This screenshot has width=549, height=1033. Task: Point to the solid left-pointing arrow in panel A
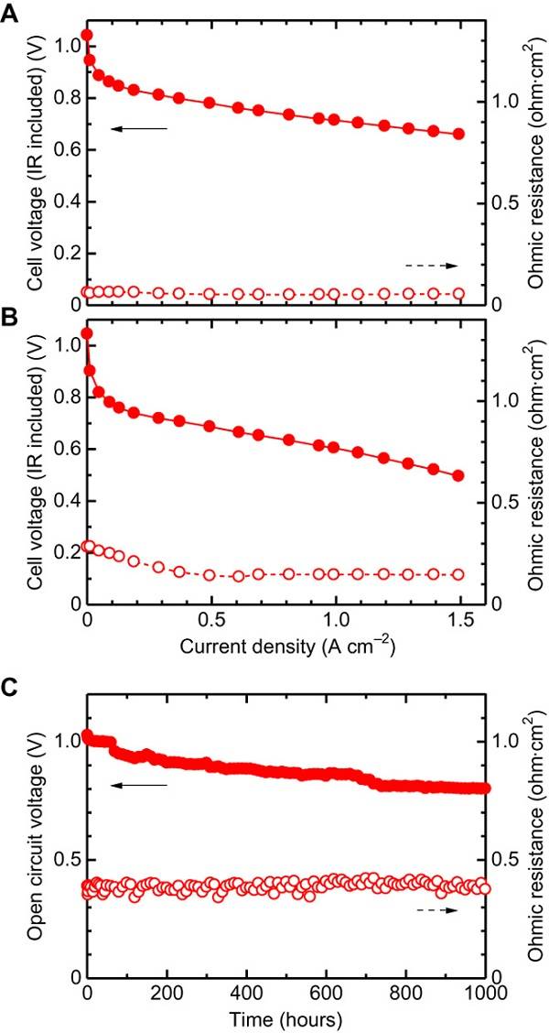(x=138, y=129)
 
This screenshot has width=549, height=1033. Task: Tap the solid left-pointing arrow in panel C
(x=138, y=785)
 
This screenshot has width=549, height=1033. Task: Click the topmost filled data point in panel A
(x=87, y=36)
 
